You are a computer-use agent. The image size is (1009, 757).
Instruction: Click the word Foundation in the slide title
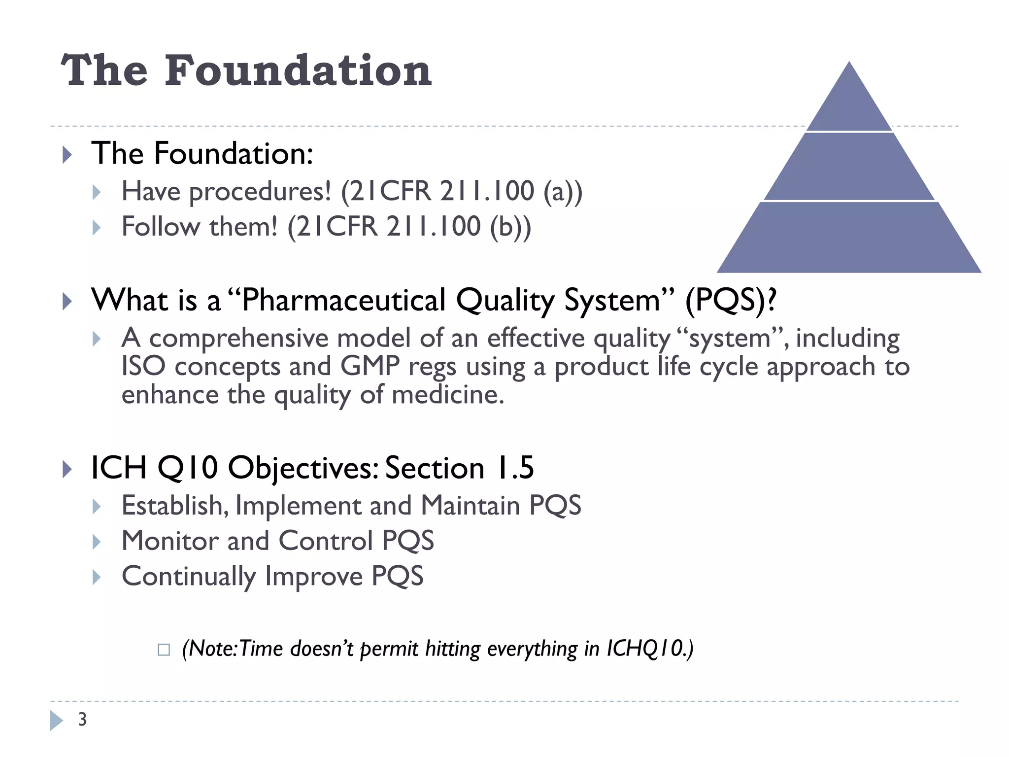click(x=298, y=71)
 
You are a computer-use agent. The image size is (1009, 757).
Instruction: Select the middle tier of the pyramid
click(x=849, y=168)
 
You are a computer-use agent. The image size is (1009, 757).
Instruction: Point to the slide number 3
click(x=82, y=720)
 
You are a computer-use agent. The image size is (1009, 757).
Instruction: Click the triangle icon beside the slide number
click(x=56, y=720)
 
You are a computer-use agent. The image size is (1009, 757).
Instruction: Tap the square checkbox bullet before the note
click(x=164, y=650)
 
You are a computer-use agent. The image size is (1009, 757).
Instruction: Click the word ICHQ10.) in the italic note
click(x=649, y=649)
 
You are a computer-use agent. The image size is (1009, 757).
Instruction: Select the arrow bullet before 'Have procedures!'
click(x=97, y=192)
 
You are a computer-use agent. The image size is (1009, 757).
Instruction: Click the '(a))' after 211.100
click(x=563, y=191)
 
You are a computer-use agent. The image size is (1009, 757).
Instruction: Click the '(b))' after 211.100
click(x=510, y=227)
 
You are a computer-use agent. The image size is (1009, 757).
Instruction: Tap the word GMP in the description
click(x=370, y=367)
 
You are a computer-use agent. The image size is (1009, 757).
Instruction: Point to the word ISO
click(x=143, y=367)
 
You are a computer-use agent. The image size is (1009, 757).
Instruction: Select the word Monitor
click(x=169, y=541)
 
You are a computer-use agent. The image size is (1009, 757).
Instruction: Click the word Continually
click(x=189, y=576)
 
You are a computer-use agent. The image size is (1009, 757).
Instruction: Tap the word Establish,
click(x=175, y=506)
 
